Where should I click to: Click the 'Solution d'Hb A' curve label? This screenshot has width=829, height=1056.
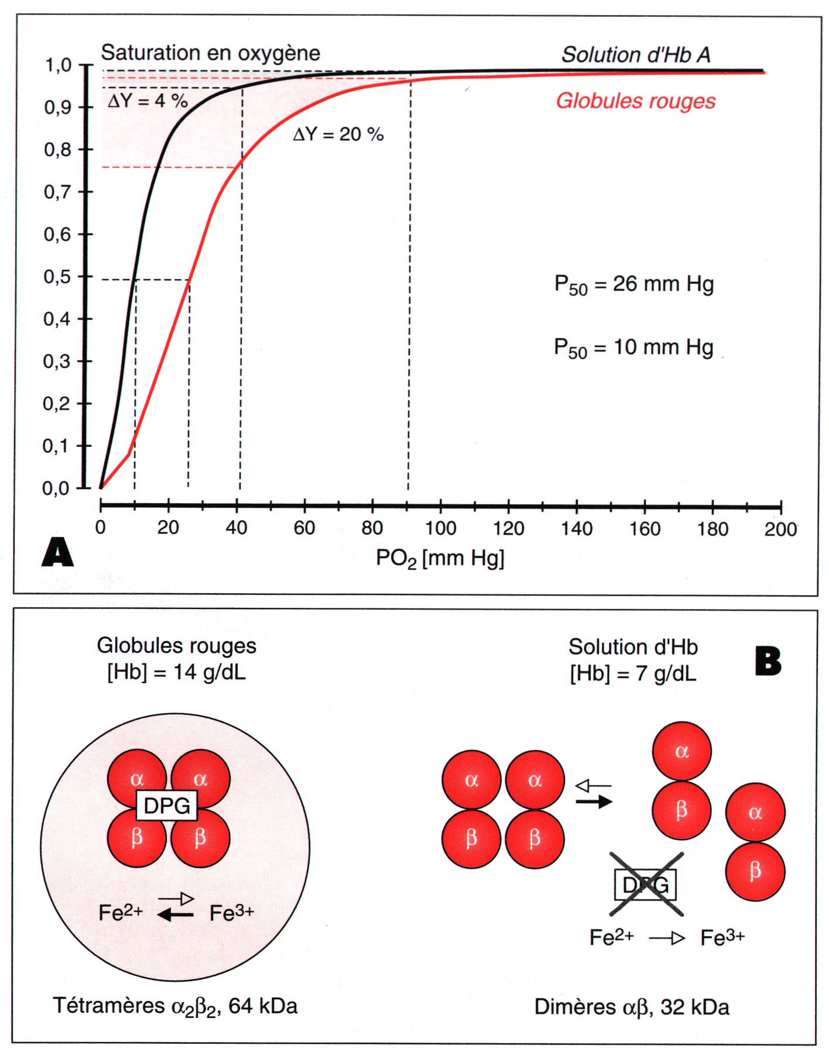(x=636, y=55)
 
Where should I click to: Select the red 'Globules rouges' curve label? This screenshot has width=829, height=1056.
(x=636, y=101)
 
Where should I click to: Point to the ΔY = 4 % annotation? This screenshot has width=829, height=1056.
(x=148, y=101)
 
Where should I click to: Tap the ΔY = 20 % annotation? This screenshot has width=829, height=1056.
(x=338, y=135)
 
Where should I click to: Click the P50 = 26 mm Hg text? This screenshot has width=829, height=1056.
(x=634, y=285)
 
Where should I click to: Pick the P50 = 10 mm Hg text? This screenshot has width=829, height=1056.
(x=634, y=348)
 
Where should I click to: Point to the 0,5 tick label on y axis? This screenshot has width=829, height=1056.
(x=57, y=277)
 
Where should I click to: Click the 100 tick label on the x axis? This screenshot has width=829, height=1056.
(x=440, y=529)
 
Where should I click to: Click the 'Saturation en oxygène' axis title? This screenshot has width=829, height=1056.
(x=211, y=53)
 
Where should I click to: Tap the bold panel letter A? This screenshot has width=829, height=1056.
(x=57, y=552)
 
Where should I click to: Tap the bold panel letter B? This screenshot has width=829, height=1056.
(x=768, y=662)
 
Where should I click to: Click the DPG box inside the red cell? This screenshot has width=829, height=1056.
(x=167, y=806)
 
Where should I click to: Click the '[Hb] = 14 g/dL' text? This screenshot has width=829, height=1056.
(x=176, y=672)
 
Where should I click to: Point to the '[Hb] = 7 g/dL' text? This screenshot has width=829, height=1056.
(x=633, y=674)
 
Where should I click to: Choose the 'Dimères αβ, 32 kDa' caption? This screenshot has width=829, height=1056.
(x=632, y=1007)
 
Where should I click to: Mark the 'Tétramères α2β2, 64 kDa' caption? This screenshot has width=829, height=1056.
(x=176, y=1006)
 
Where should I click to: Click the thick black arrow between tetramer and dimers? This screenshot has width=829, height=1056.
(x=594, y=802)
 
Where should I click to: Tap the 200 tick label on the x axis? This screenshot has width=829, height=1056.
(x=780, y=529)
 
